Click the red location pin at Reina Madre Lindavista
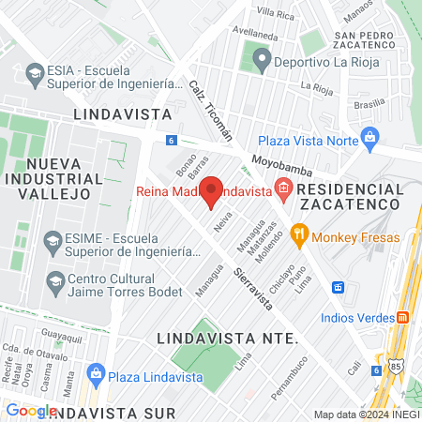tap(212, 190)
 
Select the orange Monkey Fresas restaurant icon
tap(300, 235)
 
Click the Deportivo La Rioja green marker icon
tap(259, 62)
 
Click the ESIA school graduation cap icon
tap(35, 72)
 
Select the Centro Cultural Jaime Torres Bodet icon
tap(55, 280)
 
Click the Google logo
tap(31, 410)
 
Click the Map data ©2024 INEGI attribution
tap(366, 414)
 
